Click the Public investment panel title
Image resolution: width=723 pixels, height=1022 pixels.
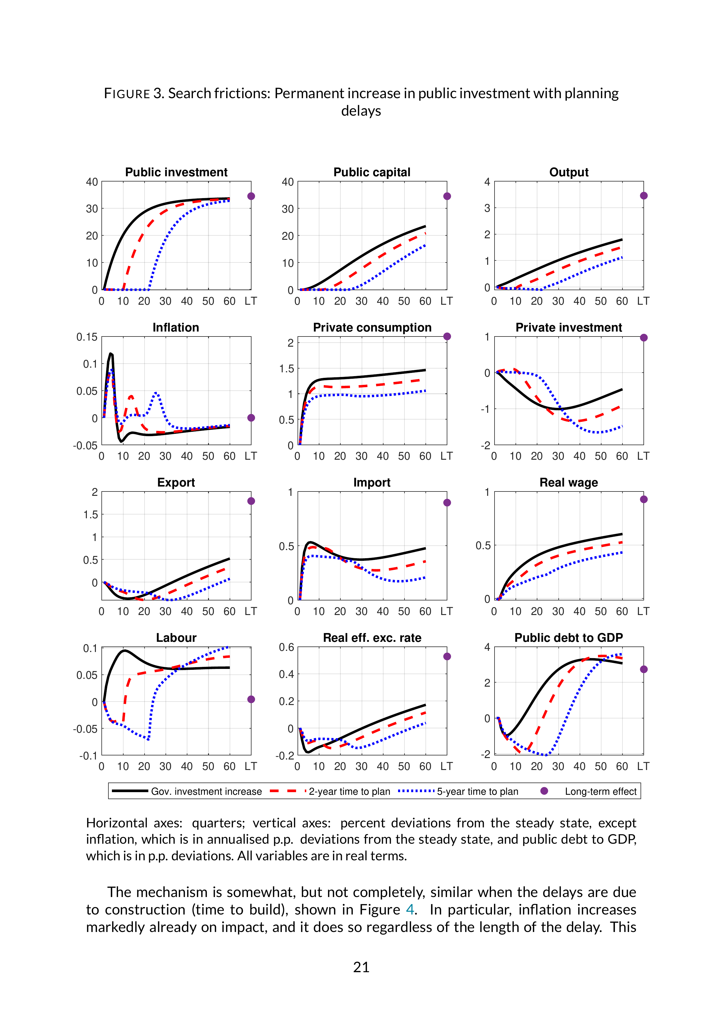(x=176, y=172)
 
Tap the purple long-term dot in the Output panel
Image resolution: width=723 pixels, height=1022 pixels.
(x=644, y=196)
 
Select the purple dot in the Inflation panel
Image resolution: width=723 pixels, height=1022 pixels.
(x=251, y=417)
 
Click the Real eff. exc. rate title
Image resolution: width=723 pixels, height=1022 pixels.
(x=372, y=637)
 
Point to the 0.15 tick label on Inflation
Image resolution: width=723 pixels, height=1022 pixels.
(x=87, y=337)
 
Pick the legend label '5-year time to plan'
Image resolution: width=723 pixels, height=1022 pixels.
(x=478, y=792)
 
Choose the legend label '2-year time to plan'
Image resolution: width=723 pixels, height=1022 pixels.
(x=349, y=792)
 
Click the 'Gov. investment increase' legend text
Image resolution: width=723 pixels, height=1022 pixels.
(x=207, y=792)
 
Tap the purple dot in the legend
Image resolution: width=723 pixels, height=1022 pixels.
(x=544, y=791)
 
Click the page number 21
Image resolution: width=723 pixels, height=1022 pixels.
(x=361, y=967)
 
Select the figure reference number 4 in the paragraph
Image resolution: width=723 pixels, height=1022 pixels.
(x=409, y=909)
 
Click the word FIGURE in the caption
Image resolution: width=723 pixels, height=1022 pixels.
(x=127, y=94)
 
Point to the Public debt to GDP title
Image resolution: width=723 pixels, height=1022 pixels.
(x=569, y=637)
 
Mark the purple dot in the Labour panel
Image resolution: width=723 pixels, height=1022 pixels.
(x=251, y=699)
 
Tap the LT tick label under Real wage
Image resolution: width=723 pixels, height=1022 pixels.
(x=643, y=611)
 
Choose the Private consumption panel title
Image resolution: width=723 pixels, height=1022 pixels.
(x=372, y=328)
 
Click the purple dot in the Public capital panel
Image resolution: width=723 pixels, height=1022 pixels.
(x=447, y=196)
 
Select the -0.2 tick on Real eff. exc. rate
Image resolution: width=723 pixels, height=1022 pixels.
(x=285, y=756)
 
